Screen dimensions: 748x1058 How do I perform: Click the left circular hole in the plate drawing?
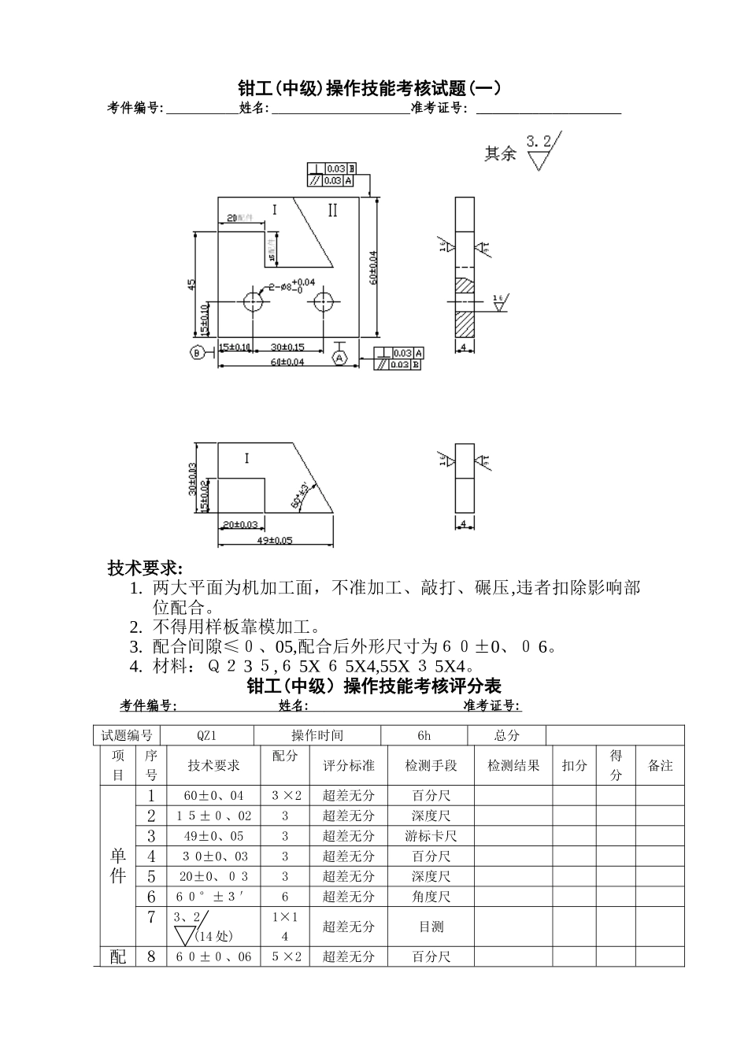(x=254, y=301)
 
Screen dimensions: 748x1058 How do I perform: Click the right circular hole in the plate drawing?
(x=322, y=301)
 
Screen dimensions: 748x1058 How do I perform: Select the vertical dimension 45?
(x=192, y=284)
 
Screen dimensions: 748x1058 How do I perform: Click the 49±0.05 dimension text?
(x=275, y=540)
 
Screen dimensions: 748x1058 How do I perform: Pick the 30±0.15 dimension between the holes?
(x=287, y=346)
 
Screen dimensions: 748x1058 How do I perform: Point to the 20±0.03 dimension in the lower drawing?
(x=241, y=524)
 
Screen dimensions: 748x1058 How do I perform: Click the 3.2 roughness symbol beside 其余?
(x=541, y=151)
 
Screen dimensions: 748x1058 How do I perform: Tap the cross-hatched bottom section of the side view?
(x=465, y=323)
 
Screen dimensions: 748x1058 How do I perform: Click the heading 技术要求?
(x=145, y=568)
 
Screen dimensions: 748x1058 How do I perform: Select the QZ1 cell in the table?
(x=207, y=736)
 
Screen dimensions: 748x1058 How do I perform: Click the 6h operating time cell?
(x=424, y=736)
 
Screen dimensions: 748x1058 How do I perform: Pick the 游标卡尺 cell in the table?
(x=431, y=836)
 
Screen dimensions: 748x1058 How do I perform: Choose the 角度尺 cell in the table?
(x=431, y=897)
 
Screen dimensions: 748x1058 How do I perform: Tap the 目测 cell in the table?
(x=431, y=927)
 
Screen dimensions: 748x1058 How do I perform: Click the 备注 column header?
(x=660, y=765)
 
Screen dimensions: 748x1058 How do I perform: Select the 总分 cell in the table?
(x=506, y=736)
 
